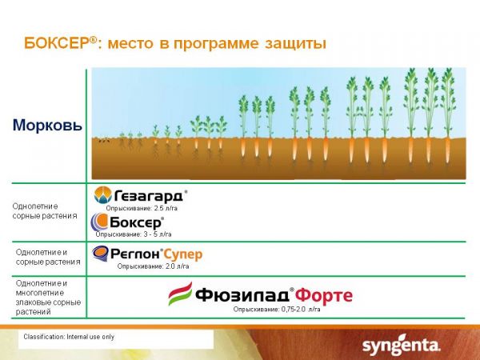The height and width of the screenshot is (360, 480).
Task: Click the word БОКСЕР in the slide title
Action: [x=58, y=43]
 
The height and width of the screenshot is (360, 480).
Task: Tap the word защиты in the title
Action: [x=295, y=44]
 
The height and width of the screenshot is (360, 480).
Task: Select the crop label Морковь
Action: [x=47, y=125]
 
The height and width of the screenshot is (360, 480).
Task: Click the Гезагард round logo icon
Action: [x=103, y=194]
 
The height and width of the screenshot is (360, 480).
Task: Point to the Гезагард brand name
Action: [x=149, y=196]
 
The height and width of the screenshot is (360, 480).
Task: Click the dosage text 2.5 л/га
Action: [x=166, y=209]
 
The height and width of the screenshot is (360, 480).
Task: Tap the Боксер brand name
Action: [x=135, y=222]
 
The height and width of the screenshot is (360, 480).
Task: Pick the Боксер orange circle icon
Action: [x=99, y=222]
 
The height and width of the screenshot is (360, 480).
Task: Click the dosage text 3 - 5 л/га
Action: [x=158, y=234]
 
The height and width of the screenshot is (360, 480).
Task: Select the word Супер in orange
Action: [x=183, y=254]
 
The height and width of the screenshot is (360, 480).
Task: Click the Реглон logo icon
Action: [x=100, y=254]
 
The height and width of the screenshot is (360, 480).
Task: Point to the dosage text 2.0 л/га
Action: [x=178, y=266]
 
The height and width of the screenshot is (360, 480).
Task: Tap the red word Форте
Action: [x=324, y=295]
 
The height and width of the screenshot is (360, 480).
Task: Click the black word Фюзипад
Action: [x=242, y=295]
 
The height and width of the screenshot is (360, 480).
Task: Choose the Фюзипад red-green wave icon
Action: [x=181, y=294]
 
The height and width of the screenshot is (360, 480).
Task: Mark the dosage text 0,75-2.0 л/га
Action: [x=301, y=310]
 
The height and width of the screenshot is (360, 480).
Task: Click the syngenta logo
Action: [x=401, y=346]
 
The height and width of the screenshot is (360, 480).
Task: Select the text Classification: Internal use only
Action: [x=69, y=337]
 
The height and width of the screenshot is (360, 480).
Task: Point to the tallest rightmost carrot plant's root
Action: [x=448, y=150]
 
